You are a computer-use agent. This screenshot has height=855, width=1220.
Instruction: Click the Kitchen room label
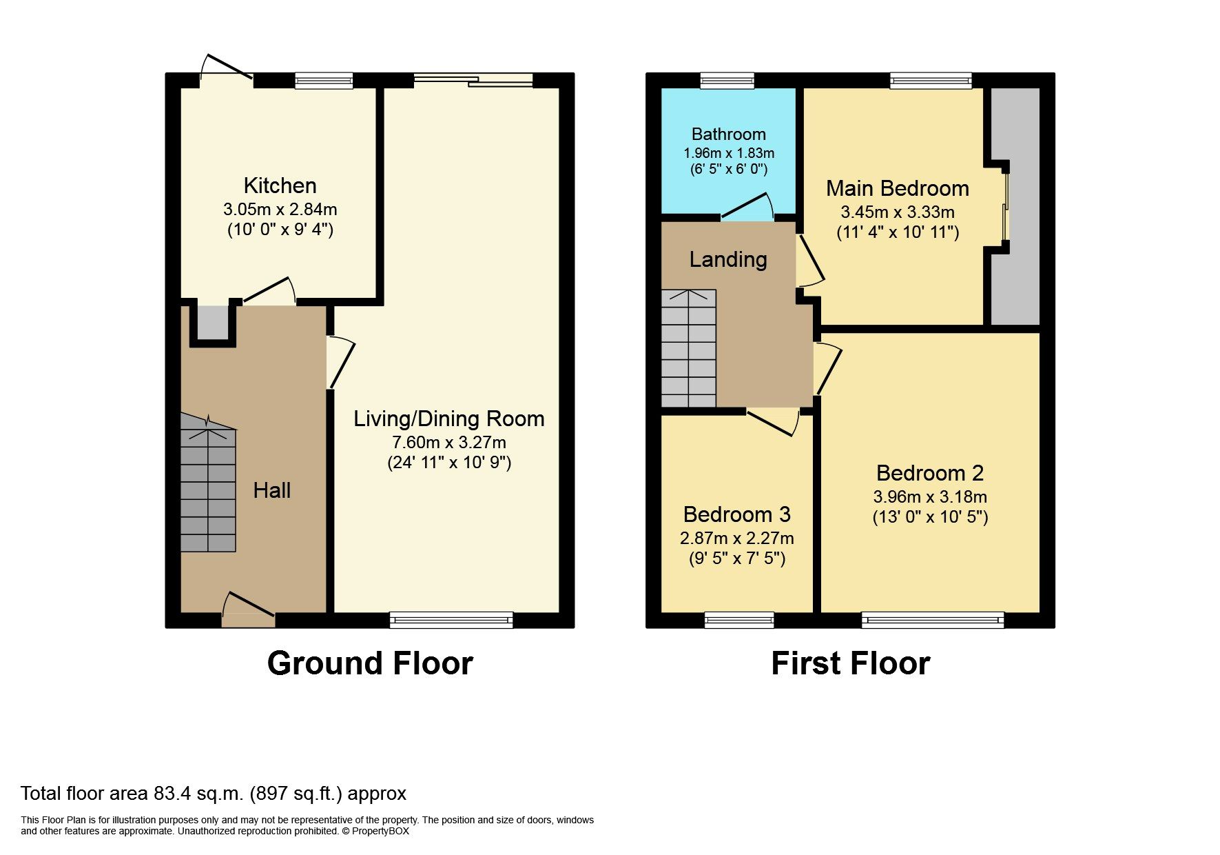280,185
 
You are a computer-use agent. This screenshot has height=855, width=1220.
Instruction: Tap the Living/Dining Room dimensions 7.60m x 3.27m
448,442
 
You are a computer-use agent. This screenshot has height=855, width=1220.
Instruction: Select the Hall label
271,490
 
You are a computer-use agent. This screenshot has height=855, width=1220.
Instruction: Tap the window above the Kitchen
324,81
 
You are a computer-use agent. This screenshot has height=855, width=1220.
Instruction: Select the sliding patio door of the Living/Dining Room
473,80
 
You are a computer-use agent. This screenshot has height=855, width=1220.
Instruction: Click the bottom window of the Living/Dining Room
451,619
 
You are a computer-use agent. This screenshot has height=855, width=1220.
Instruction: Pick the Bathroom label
728,134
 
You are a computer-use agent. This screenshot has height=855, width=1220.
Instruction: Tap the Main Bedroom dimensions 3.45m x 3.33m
897,212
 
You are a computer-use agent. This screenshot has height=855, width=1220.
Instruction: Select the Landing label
728,259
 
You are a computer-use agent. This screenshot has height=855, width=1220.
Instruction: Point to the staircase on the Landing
688,348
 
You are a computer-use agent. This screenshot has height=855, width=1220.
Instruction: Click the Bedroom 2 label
929,473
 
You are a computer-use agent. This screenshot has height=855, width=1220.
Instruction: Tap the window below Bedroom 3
738,619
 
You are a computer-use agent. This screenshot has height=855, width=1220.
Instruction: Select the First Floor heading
850,663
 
